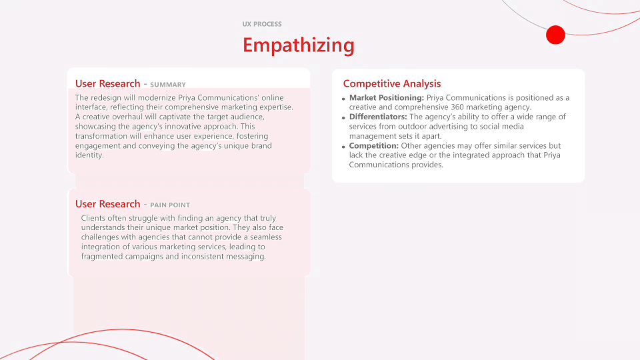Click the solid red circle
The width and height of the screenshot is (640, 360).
(x=555, y=35)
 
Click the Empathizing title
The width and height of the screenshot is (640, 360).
(x=299, y=45)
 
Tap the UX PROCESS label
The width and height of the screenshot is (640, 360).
(x=262, y=24)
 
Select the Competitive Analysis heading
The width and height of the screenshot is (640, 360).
(x=392, y=84)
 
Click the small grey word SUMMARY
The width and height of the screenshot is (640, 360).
(x=168, y=85)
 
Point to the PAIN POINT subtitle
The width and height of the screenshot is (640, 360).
(x=170, y=205)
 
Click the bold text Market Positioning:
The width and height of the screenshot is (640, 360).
(x=387, y=98)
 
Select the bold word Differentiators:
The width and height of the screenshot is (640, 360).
(x=378, y=117)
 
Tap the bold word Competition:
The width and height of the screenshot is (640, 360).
(x=374, y=146)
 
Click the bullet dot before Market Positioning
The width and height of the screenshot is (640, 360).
(x=344, y=99)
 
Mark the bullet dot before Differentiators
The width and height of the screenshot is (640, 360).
(x=344, y=118)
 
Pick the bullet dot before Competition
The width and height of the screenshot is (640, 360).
(x=344, y=147)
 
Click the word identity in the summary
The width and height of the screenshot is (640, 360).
(x=89, y=155)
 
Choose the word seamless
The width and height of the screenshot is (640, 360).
(x=266, y=237)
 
